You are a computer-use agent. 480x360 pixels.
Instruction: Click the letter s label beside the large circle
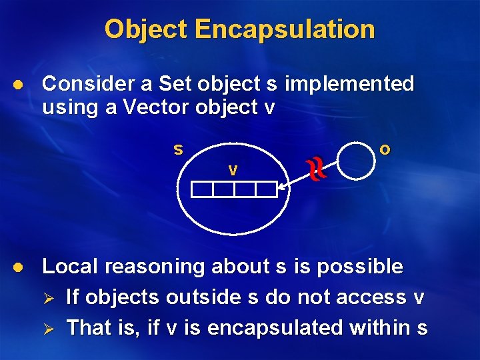click(x=178, y=149)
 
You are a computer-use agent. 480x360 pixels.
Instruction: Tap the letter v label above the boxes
click(x=232, y=170)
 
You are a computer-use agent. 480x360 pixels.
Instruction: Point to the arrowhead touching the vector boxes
click(x=281, y=190)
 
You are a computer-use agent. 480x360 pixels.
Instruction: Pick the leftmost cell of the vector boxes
click(x=202, y=189)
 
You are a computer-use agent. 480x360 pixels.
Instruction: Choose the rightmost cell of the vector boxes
click(x=266, y=189)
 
